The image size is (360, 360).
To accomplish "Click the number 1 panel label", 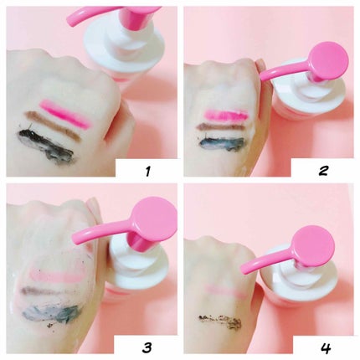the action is pyautogui.click(x=147, y=171).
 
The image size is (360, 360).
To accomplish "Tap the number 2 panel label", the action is pyautogui.click(x=323, y=171).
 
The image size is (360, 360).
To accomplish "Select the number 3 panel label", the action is pyautogui.click(x=147, y=347).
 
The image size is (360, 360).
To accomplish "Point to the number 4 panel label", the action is pyautogui.click(x=325, y=347).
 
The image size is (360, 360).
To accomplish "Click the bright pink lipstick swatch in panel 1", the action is pyautogui.click(x=65, y=113).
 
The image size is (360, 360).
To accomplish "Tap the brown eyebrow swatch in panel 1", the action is pyautogui.click(x=53, y=126).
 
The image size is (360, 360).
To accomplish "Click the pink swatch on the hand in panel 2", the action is pyautogui.click(x=226, y=115).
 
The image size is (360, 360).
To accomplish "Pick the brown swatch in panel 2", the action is pyautogui.click(x=220, y=127).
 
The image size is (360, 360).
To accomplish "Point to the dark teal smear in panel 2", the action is pyautogui.click(x=221, y=141).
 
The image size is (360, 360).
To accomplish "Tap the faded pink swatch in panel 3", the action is pyautogui.click(x=56, y=275).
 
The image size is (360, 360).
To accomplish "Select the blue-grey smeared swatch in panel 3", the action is pyautogui.click(x=52, y=313).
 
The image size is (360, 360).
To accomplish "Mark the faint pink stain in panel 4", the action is pyautogui.click(x=226, y=291).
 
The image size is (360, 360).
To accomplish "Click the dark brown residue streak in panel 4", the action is pyautogui.click(x=220, y=321).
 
